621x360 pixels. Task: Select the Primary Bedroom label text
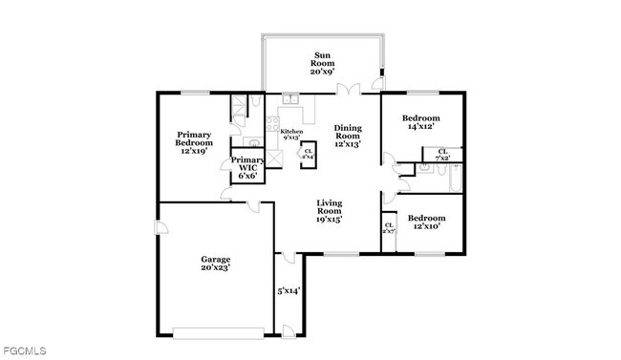(194, 142)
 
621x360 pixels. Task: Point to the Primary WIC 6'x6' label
(247, 167)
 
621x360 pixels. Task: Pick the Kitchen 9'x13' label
(291, 134)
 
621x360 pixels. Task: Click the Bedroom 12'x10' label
(425, 222)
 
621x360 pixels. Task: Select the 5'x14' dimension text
(289, 290)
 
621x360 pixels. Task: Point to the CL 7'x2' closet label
(442, 154)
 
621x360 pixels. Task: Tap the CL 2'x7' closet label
(389, 229)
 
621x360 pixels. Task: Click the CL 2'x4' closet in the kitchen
(308, 153)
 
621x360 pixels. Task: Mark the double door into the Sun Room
(346, 91)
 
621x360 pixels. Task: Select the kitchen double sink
(291, 99)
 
